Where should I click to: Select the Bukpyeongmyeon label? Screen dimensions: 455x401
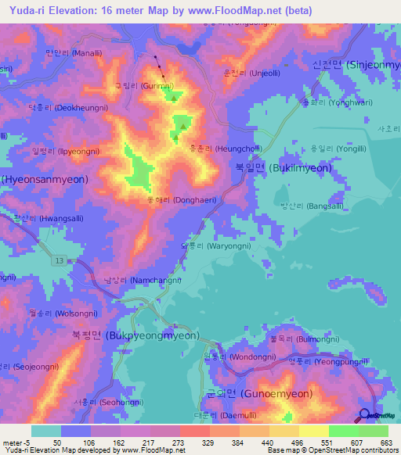pyautogui.click(x=135, y=335)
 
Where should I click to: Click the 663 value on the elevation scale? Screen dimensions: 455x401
pyautogui.click(x=387, y=443)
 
